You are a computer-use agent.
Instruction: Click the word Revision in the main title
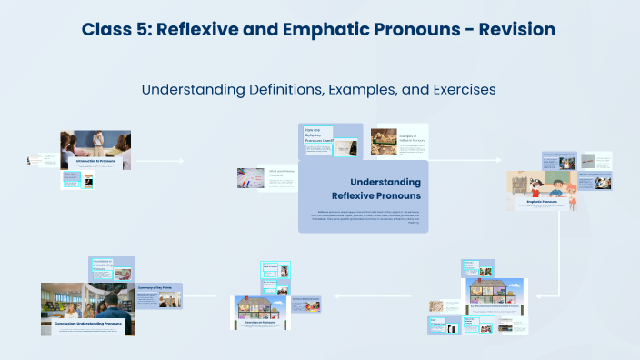(510, 29)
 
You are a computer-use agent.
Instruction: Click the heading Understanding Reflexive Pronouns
(375, 188)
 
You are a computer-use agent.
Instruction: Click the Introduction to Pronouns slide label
(95, 161)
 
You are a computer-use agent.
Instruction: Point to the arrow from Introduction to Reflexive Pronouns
(160, 161)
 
